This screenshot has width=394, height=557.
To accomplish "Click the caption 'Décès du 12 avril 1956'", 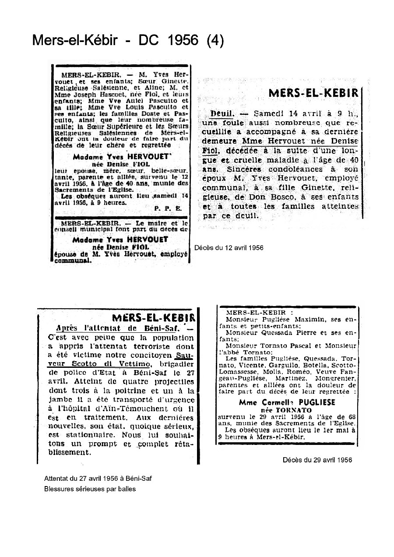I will coord(229,247).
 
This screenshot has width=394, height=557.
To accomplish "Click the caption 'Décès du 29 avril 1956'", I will coord(317,460).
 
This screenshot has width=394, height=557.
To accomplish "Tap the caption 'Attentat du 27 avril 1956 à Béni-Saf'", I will coord(98,478).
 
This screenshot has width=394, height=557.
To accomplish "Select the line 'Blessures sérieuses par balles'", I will coord(90,489).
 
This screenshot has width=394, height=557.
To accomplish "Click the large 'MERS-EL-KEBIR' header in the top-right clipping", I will coord(313,93).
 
